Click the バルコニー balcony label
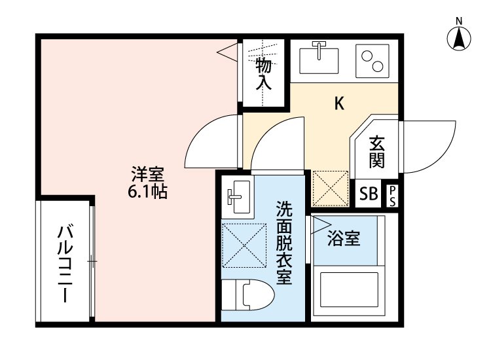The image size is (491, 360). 65,262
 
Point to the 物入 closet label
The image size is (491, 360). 263,73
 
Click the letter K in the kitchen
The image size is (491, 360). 339,103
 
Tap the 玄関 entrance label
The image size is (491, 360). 375,152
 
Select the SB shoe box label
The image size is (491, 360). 369,194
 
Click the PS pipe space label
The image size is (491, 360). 392,195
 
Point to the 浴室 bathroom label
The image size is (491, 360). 344,239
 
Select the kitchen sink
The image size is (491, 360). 318,60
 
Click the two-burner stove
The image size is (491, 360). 372,60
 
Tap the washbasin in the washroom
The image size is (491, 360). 237,196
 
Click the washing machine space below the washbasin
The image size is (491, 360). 244,245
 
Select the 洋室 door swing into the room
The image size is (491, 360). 211,141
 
